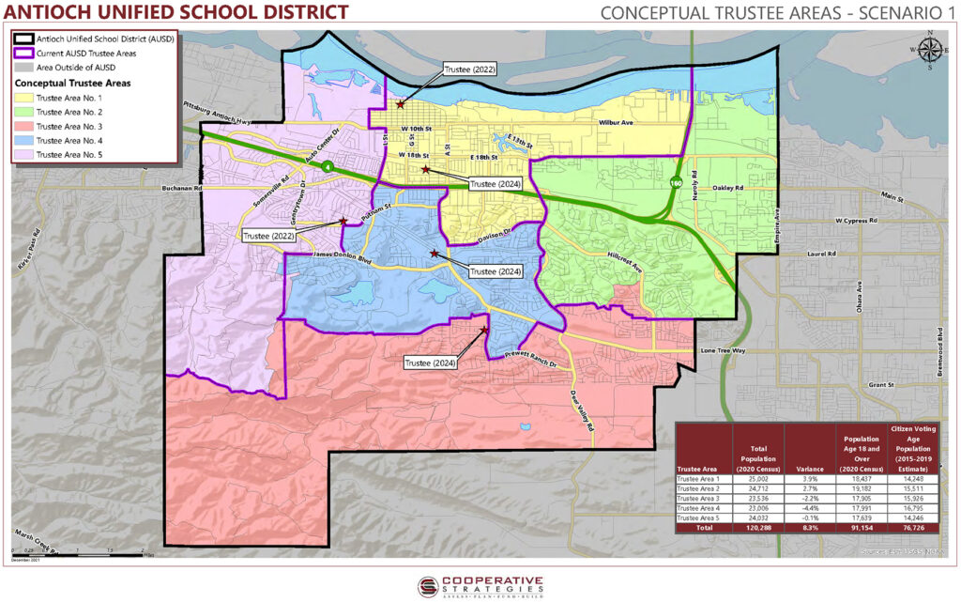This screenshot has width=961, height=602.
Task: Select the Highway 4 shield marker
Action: click(x=327, y=166)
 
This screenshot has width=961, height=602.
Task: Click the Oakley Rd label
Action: click(x=726, y=188)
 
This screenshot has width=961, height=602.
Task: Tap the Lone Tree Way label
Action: click(x=722, y=350)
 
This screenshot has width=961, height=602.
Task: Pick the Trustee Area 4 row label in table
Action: click(x=697, y=508)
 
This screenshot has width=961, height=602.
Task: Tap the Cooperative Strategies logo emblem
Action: click(x=429, y=584)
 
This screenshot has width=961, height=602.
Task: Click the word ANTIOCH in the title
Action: click(x=45, y=12)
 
